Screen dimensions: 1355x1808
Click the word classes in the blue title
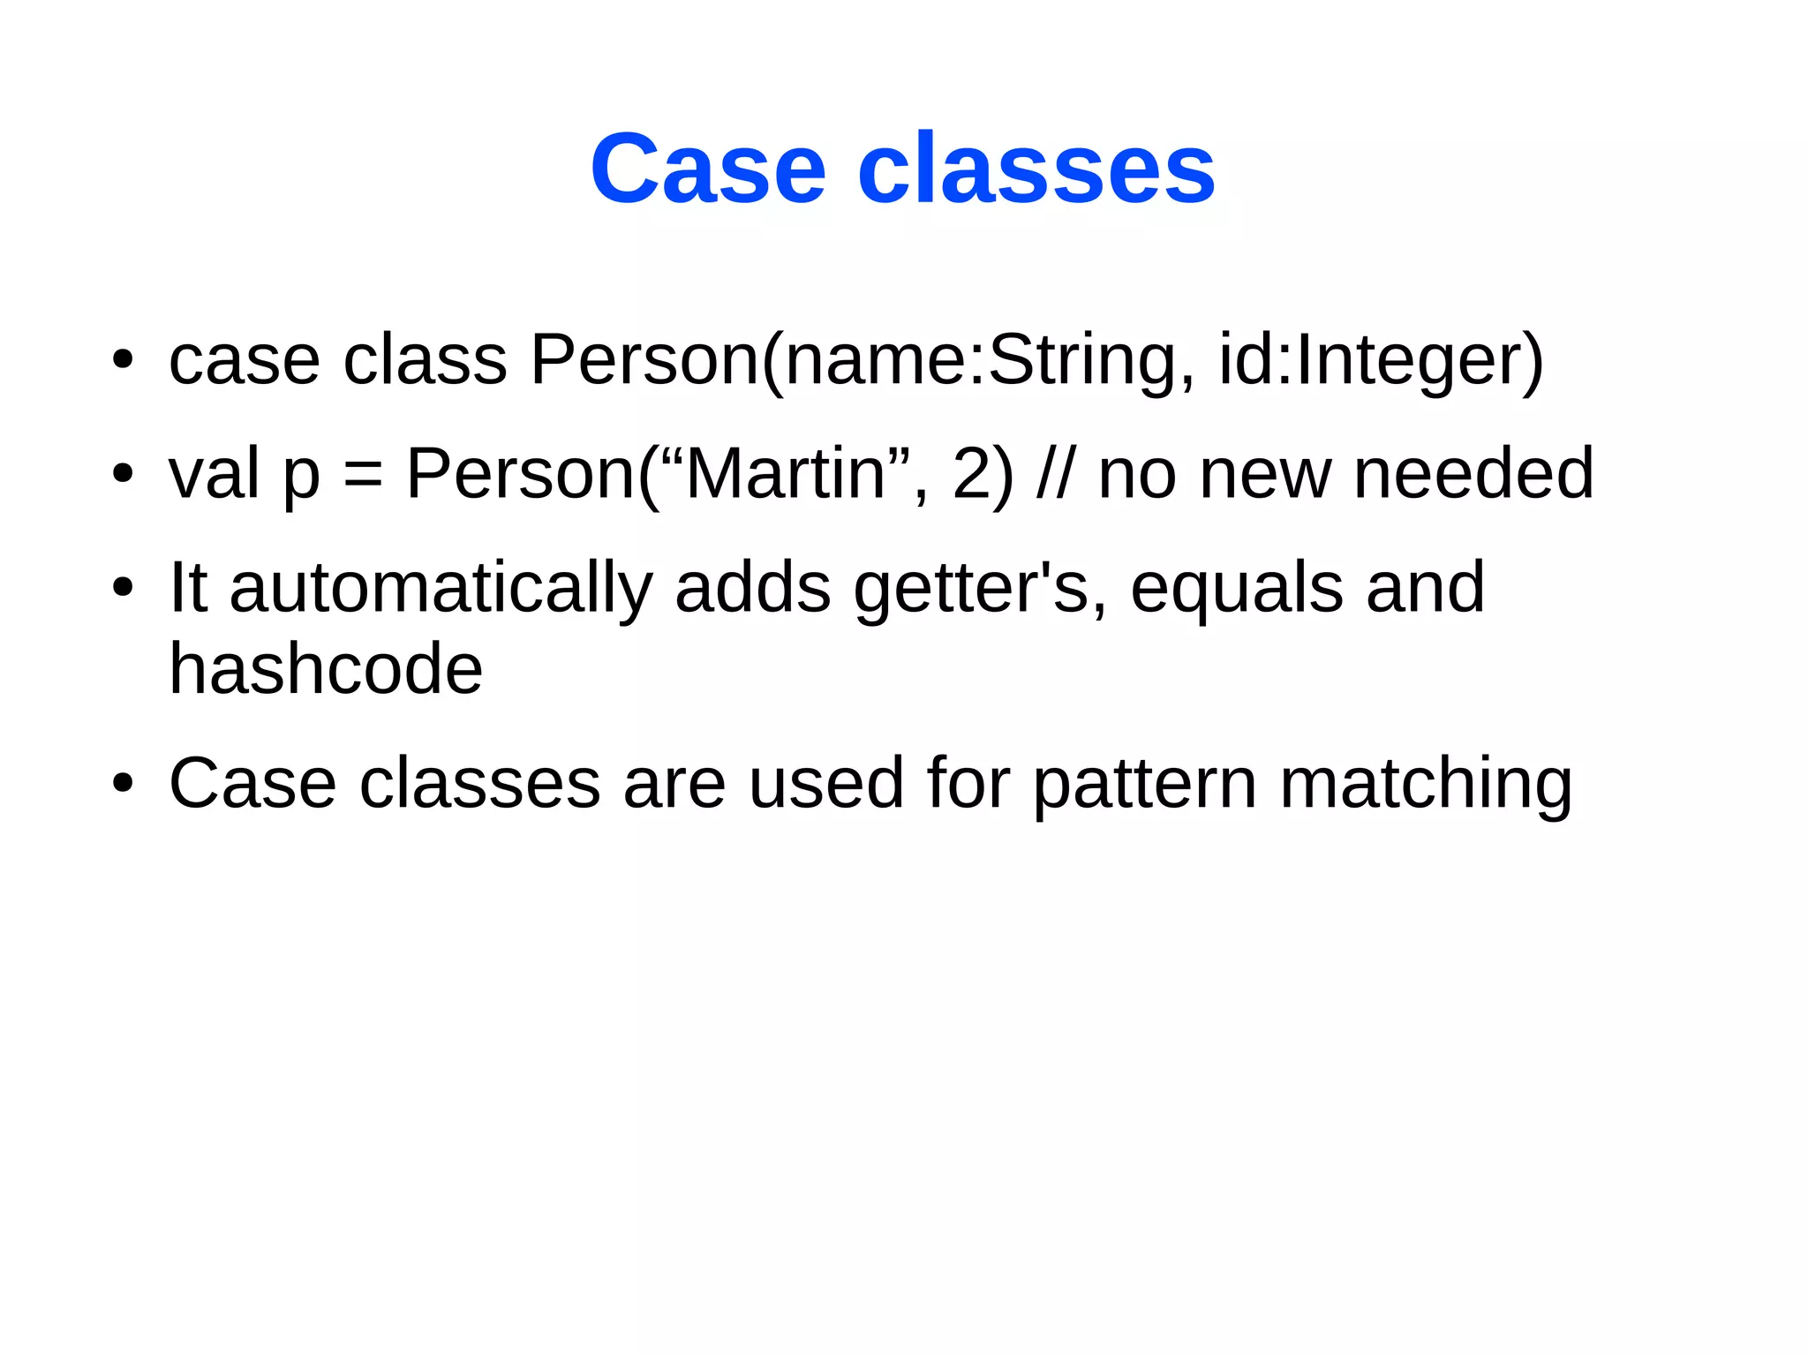tap(1036, 169)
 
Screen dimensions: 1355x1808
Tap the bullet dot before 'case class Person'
tap(123, 360)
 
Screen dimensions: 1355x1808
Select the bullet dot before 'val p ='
tap(123, 474)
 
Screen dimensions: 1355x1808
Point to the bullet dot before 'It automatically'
tap(123, 588)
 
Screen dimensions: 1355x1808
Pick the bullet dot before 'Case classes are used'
tap(123, 783)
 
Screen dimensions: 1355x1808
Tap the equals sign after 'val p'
tap(363, 476)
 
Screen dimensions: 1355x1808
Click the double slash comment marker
tap(1056, 474)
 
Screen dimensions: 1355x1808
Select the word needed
tap(1473, 474)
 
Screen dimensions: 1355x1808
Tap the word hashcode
tap(326, 669)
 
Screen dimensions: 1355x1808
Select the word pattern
tap(1144, 785)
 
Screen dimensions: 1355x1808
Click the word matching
tap(1426, 785)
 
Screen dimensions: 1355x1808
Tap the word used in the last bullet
tap(826, 783)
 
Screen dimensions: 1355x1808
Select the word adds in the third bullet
tap(753, 588)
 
